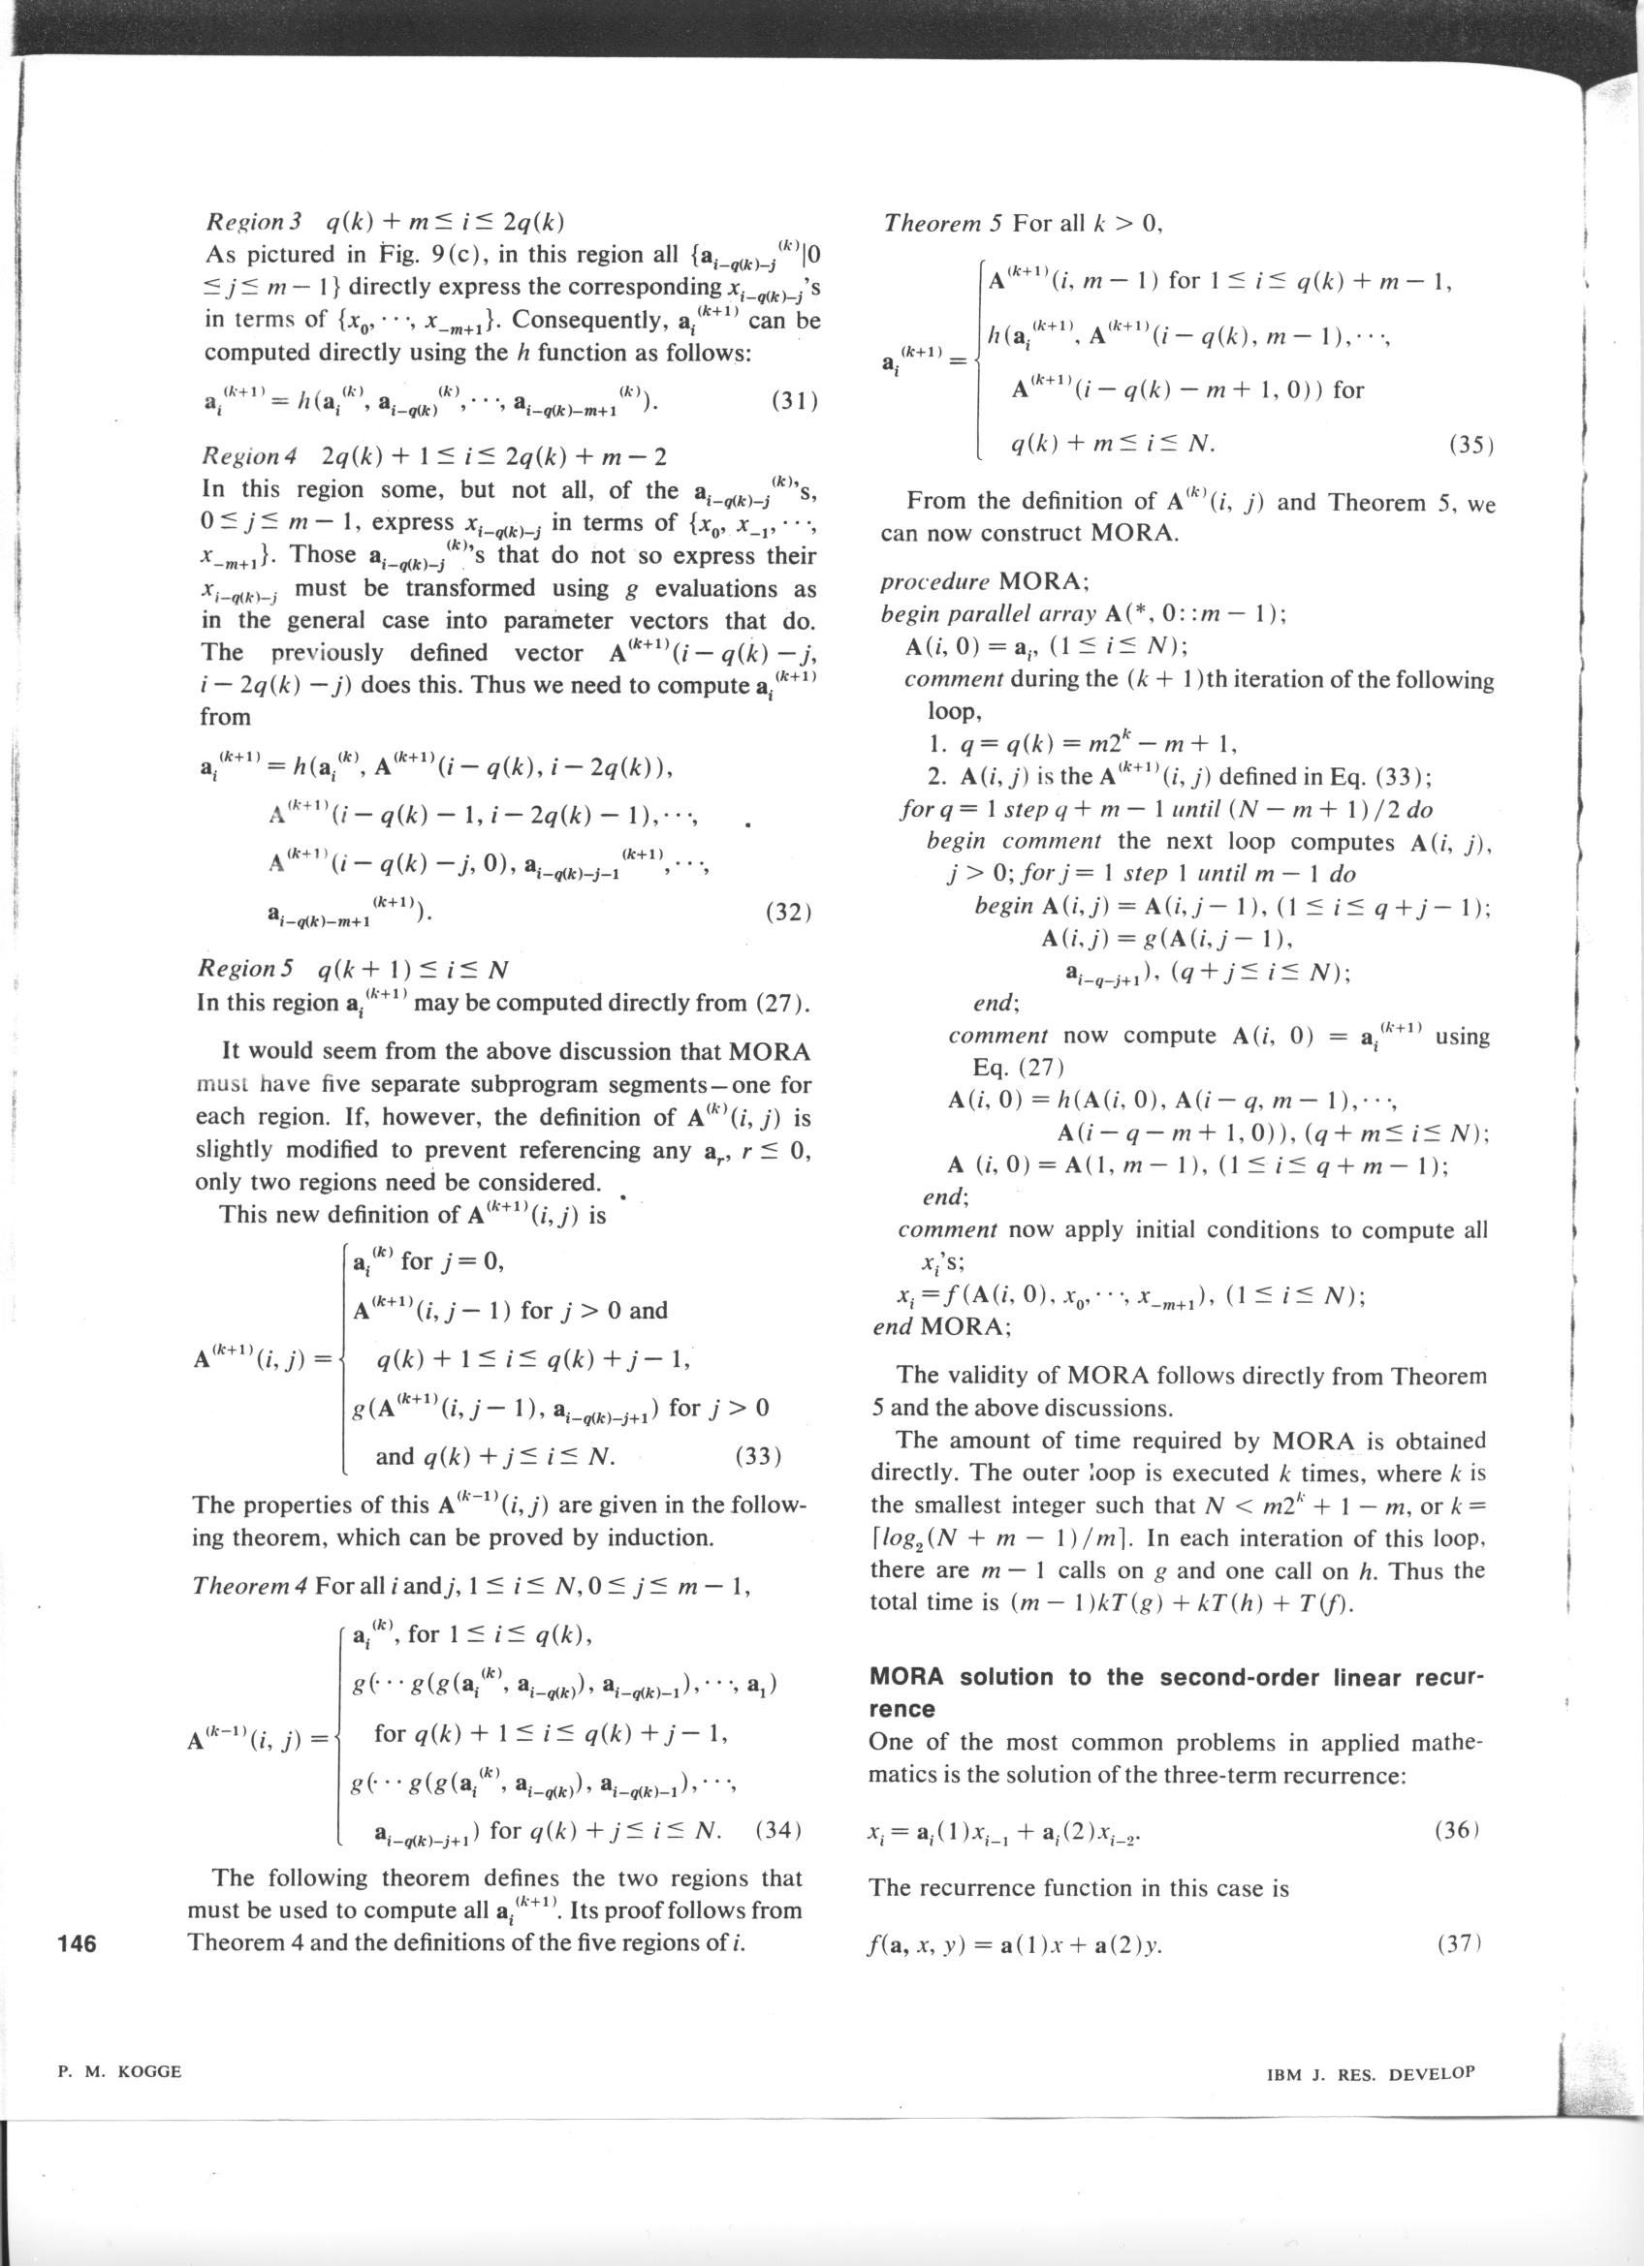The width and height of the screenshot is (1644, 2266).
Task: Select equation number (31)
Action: coord(795,402)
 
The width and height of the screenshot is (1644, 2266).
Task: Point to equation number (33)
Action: coord(756,1456)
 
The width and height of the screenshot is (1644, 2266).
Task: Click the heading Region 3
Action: coord(246,221)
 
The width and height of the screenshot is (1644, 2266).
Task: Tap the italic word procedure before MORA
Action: coord(934,581)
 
